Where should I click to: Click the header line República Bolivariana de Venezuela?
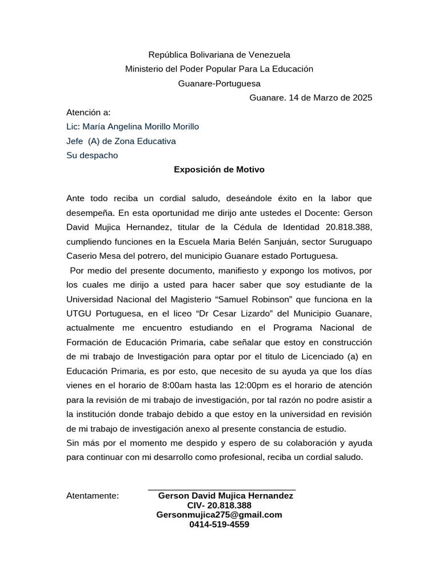[x=219, y=55]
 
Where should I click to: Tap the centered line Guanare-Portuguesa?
[x=219, y=83]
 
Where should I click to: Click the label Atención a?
[x=88, y=112]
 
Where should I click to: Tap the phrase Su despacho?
[x=92, y=155]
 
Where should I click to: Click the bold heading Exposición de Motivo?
[x=219, y=170]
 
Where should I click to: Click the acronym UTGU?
[x=79, y=313]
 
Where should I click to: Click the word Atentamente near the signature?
[x=93, y=496]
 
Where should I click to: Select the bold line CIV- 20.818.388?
[x=219, y=506]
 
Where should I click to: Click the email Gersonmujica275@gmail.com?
[x=219, y=515]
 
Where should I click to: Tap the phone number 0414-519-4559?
[x=219, y=524]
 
